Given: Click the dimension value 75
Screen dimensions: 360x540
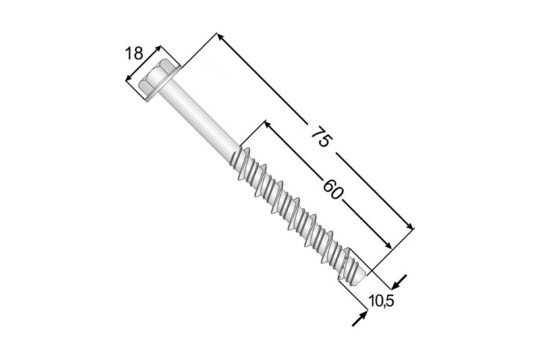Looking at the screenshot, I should (321, 137).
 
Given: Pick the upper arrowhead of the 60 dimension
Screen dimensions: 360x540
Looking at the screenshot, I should (267, 124).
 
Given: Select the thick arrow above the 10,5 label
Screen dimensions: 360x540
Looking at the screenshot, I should (401, 279).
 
